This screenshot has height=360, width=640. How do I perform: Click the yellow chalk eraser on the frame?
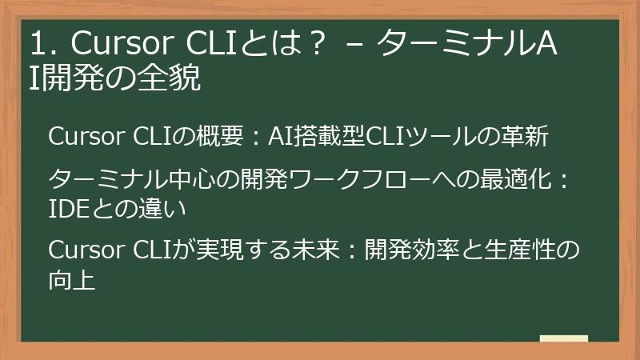coord(564,339)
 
